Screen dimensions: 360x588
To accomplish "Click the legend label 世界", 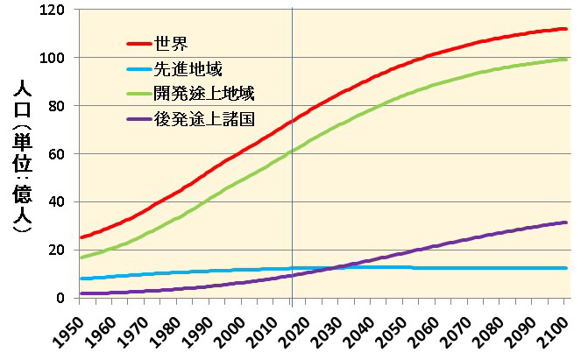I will (x=169, y=43).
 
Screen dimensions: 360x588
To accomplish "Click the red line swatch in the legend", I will (x=138, y=43).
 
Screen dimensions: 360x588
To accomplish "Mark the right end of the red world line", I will (x=567, y=29).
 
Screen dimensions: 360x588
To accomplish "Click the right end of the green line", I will (x=567, y=59).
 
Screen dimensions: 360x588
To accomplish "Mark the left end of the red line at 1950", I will (x=81, y=237).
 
